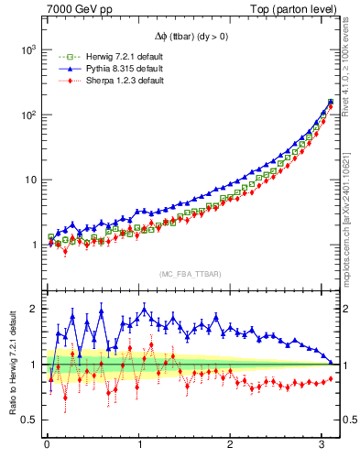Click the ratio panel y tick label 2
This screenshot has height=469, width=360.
pyautogui.click(x=32, y=309)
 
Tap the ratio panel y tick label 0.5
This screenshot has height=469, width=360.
pyautogui.click(x=28, y=420)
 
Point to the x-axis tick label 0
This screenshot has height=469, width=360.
pyautogui.click(x=47, y=446)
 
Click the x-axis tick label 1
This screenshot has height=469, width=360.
pyautogui.click(x=138, y=446)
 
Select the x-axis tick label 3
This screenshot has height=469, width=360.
pyautogui.click(x=322, y=446)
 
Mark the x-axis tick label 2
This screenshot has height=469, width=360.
pyautogui.click(x=230, y=446)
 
